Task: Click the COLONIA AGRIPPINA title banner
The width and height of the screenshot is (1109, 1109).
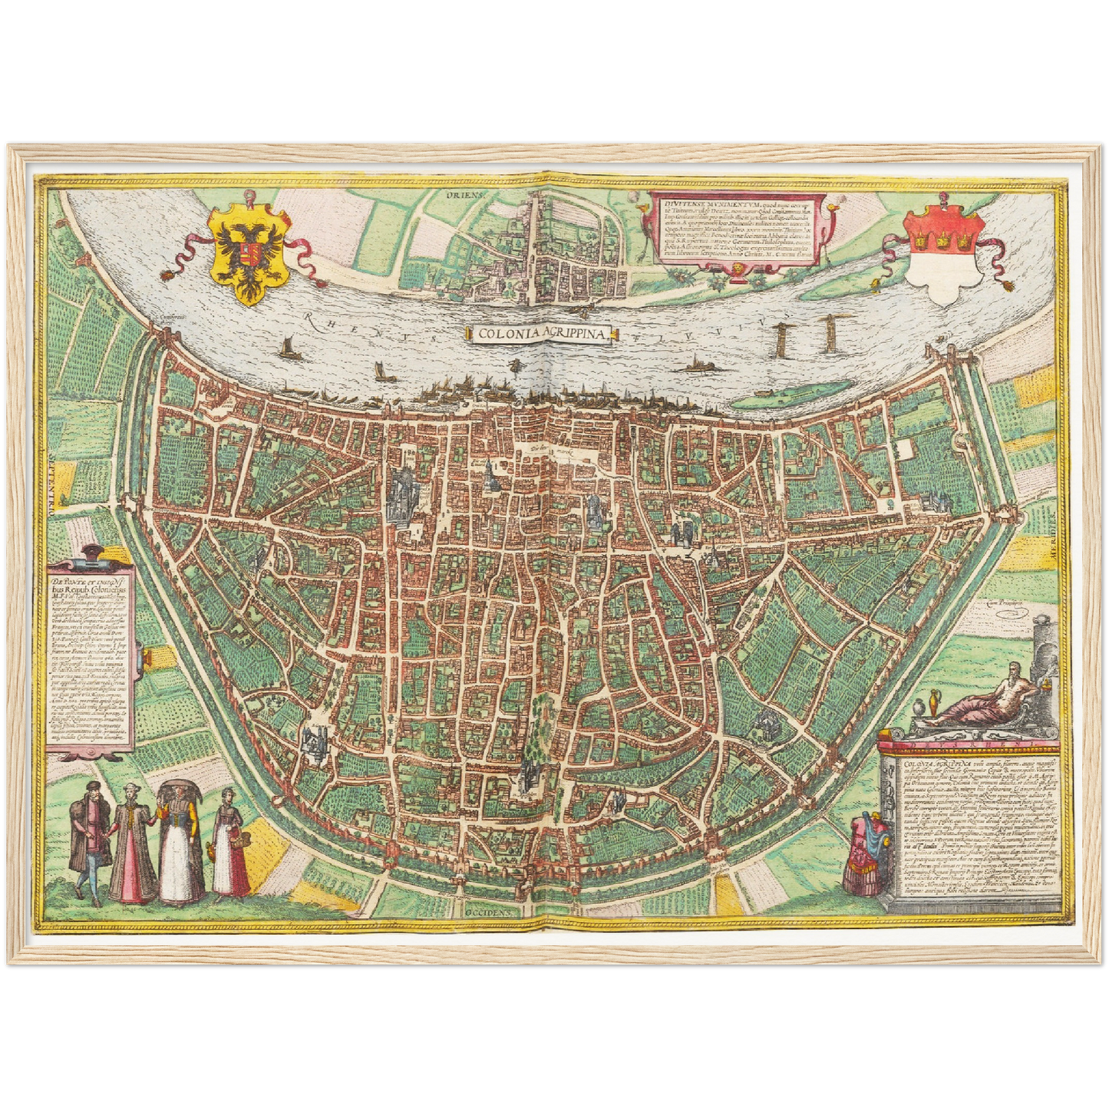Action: tap(541, 332)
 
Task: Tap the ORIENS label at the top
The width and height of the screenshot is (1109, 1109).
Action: tap(464, 195)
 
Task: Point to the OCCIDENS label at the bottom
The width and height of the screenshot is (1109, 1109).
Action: tap(492, 913)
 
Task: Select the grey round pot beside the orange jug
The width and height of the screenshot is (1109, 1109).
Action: tap(919, 708)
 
